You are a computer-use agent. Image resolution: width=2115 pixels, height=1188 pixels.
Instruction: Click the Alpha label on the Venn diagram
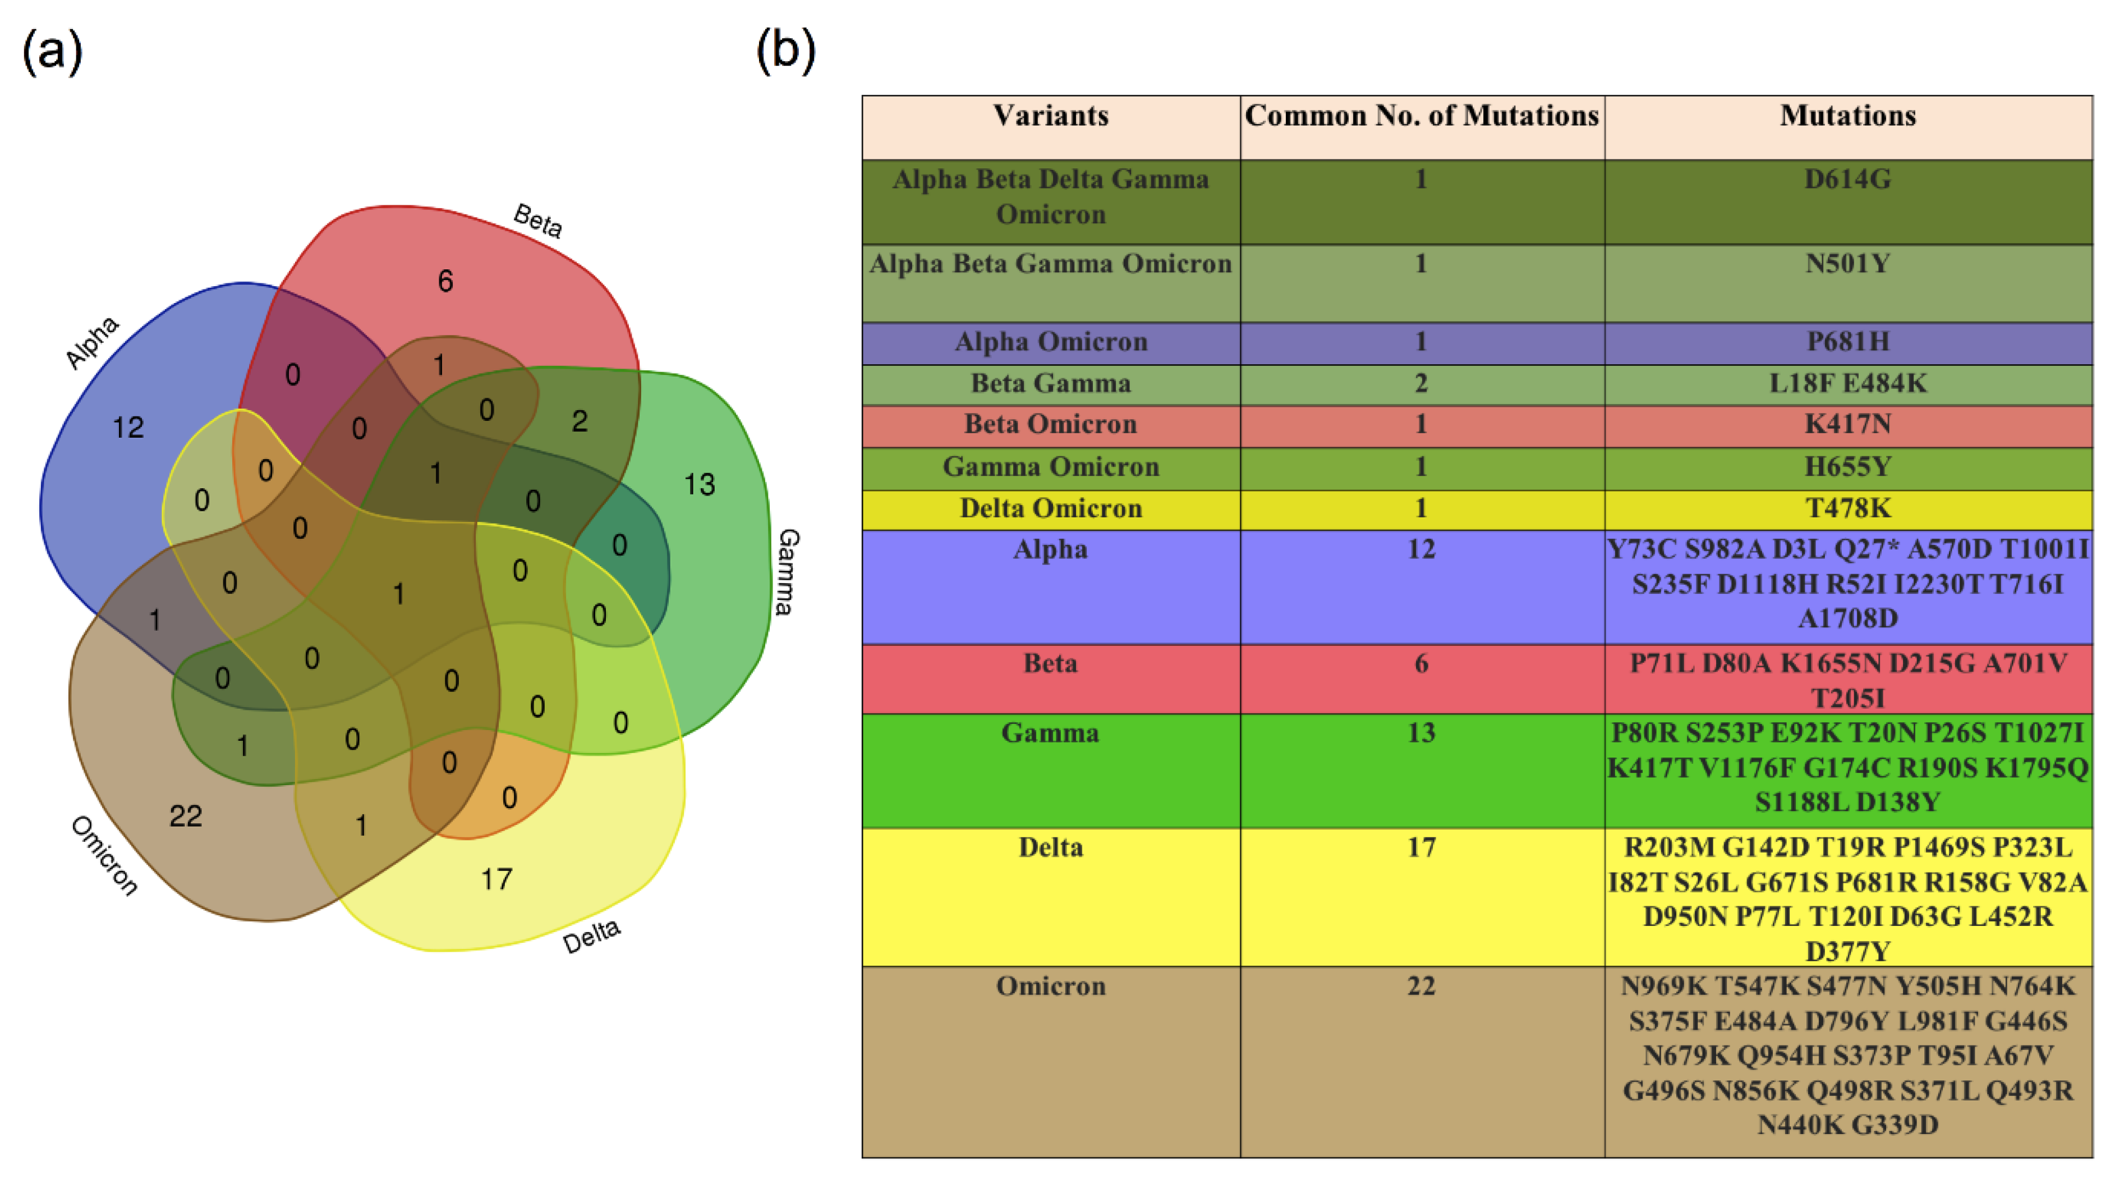coord(93,342)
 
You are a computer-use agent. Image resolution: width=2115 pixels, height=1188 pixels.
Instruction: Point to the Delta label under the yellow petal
coord(591,936)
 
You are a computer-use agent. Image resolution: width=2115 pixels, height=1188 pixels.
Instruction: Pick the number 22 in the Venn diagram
coord(186,815)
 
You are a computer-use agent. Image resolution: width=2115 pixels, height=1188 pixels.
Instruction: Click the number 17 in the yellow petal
coord(496,879)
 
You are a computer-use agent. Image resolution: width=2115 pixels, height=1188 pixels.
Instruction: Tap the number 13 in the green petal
coord(700,484)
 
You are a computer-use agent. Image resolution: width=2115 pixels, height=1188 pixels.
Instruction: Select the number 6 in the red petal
coord(445,282)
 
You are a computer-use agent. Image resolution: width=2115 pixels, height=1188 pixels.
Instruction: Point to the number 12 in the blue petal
coord(128,427)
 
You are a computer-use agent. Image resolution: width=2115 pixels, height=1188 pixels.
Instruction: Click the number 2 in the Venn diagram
coord(580,421)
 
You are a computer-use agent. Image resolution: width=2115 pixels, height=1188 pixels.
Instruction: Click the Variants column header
coord(1050,116)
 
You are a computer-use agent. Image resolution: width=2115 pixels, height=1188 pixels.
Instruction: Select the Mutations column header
coord(1847,116)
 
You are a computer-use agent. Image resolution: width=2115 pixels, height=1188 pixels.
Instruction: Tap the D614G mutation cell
coord(1847,179)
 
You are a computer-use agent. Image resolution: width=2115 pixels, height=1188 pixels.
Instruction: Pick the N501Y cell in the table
coord(1847,264)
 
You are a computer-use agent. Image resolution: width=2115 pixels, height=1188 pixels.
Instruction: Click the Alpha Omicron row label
coord(1050,342)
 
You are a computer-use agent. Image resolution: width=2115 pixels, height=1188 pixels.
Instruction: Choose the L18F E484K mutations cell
coord(1847,383)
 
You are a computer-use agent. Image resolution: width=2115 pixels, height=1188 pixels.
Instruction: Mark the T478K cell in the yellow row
coord(1847,508)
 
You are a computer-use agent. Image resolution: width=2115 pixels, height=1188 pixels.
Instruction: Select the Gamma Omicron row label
coord(1050,466)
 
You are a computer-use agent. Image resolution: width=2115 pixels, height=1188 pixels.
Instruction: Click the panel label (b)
coord(785,51)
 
